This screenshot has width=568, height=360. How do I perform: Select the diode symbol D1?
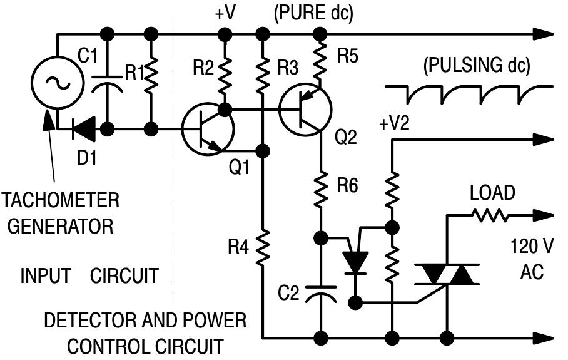click(x=84, y=129)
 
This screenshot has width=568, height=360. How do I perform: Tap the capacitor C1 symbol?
click(x=107, y=84)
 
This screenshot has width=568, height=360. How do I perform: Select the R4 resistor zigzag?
click(x=263, y=247)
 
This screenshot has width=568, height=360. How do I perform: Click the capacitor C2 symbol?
click(x=320, y=294)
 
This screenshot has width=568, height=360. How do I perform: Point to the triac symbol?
click(x=447, y=274)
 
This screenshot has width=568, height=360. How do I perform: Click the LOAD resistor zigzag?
click(x=490, y=215)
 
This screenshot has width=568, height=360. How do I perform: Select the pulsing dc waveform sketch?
click(x=469, y=95)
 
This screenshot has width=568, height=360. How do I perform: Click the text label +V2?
click(x=395, y=123)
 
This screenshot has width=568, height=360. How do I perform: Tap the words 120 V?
click(x=532, y=247)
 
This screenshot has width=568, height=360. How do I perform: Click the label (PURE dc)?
click(x=313, y=14)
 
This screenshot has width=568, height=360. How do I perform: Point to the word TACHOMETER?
click(x=61, y=200)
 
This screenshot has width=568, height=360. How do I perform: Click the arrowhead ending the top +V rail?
click(x=544, y=34)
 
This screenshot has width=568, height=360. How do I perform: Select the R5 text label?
click(x=347, y=56)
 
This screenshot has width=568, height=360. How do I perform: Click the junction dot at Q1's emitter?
click(x=263, y=150)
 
